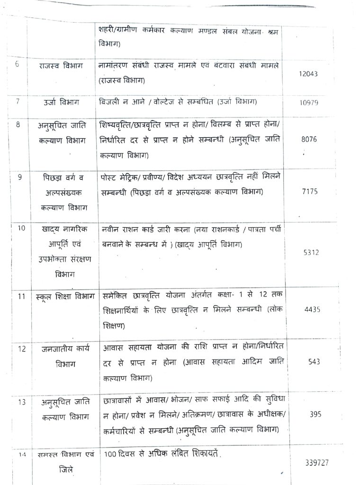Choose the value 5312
[x=311, y=252]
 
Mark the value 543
[x=314, y=361]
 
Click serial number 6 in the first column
[x=17, y=64]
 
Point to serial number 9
[x=19, y=178]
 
